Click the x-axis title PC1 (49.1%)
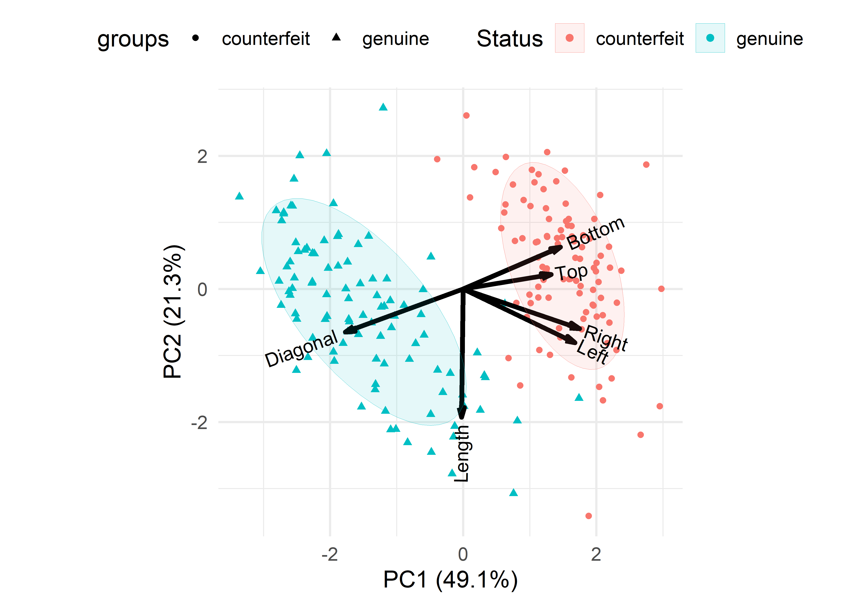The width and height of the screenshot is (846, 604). [450, 579]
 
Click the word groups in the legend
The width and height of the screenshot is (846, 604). [133, 39]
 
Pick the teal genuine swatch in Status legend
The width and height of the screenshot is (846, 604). [710, 38]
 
